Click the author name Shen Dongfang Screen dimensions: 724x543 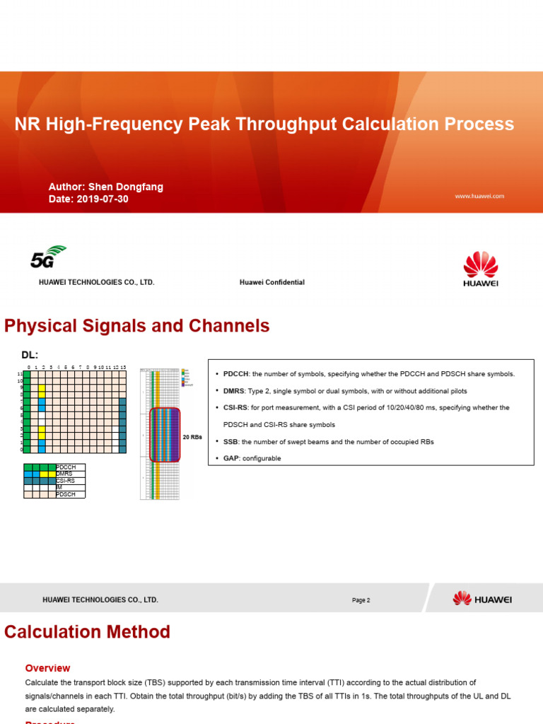tap(125, 187)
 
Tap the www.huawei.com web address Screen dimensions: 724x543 tap(479, 196)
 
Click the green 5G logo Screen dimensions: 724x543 tap(47, 257)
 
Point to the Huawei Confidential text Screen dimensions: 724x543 tap(272, 282)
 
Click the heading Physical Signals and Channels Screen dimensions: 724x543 tap(137, 326)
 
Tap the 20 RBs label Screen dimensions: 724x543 tap(193, 437)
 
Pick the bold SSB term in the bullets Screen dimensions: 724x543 tap(230, 442)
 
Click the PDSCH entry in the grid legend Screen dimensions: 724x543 tap(66, 494)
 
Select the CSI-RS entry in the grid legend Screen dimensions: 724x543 tap(66, 481)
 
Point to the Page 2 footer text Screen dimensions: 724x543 tap(361, 600)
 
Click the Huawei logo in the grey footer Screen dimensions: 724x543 tap(482, 599)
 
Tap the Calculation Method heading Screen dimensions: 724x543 tap(87, 632)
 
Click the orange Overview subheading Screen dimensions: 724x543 tap(47, 668)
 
